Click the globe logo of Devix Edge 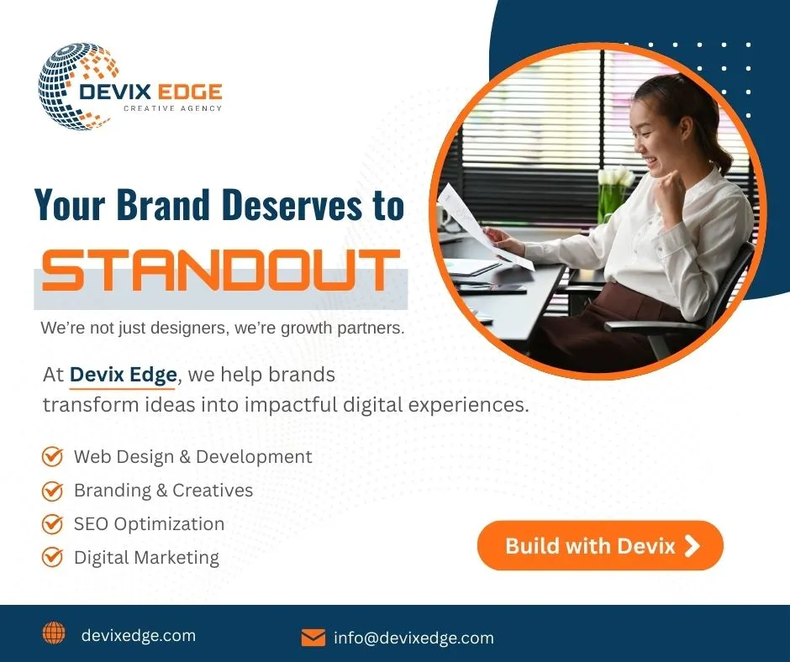click(x=78, y=87)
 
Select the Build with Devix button click(x=600, y=545)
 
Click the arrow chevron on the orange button click(x=693, y=546)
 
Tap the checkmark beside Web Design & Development click(x=52, y=456)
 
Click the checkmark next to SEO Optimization click(x=52, y=524)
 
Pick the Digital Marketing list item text click(x=146, y=558)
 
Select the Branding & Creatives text click(x=163, y=491)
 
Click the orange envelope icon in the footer click(x=313, y=638)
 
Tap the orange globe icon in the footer click(x=54, y=633)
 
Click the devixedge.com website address click(x=139, y=636)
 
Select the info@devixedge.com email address click(x=413, y=638)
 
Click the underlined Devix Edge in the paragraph click(x=124, y=376)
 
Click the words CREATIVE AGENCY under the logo click(x=173, y=108)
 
